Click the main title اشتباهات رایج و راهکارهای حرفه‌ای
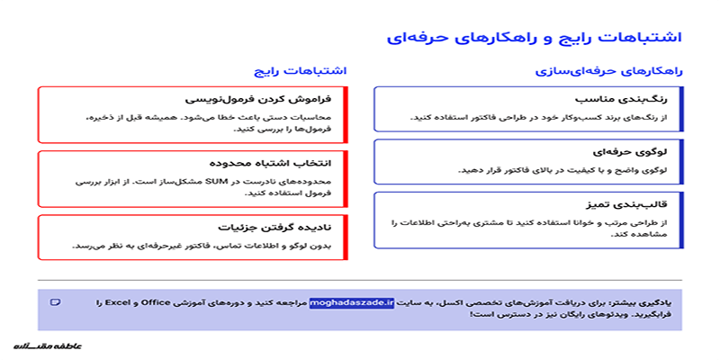click(535, 37)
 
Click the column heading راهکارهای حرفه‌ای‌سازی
click(609, 70)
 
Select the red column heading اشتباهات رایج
click(301, 70)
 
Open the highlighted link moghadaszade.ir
click(352, 302)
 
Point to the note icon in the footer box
click(56, 301)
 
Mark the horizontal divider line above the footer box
click(360, 280)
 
